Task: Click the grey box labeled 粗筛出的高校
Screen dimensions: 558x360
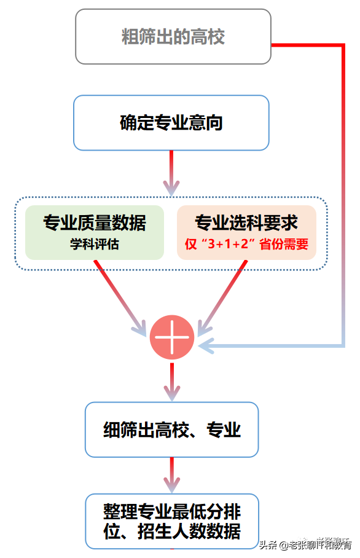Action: [173, 37]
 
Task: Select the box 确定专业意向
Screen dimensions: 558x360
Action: [171, 123]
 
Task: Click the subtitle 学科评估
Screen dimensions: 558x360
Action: [95, 244]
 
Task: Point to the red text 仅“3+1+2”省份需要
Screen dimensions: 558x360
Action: [246, 244]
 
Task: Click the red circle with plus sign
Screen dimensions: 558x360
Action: [172, 337]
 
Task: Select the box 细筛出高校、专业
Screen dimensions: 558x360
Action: [171, 430]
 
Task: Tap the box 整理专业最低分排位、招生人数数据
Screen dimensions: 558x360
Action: [171, 521]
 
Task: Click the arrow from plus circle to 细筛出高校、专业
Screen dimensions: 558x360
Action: [172, 381]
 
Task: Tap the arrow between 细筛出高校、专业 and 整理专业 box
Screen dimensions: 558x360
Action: [171, 475]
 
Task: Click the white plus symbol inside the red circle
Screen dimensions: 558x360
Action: [172, 337]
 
